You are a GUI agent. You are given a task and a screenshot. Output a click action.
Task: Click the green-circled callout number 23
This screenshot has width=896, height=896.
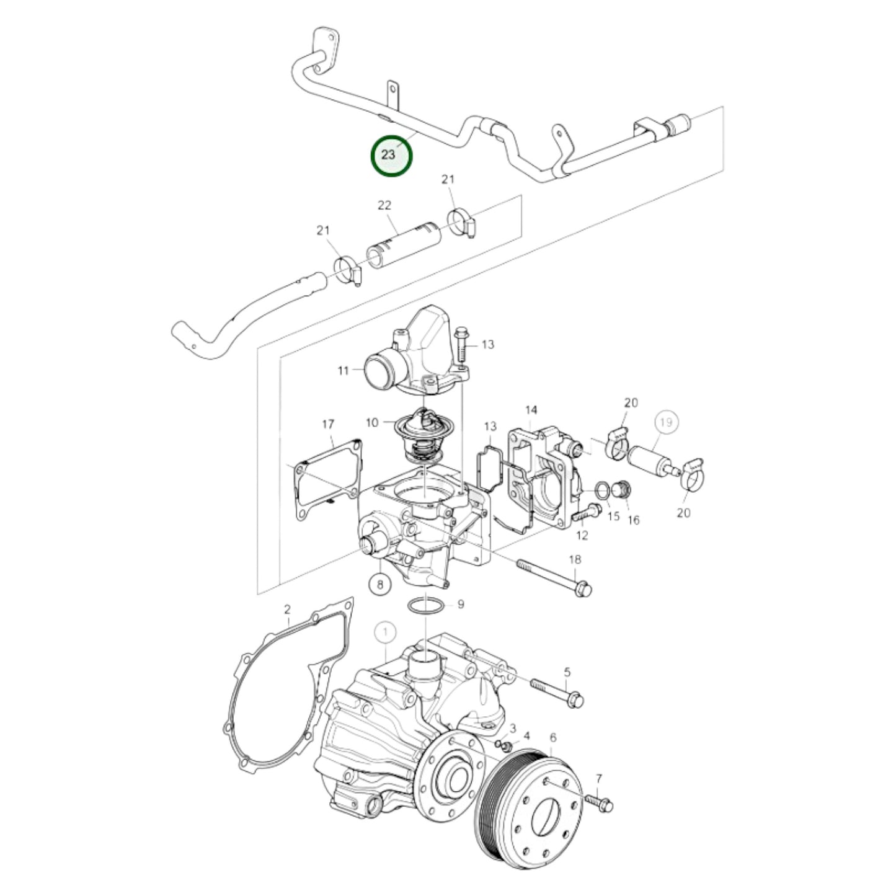(x=391, y=155)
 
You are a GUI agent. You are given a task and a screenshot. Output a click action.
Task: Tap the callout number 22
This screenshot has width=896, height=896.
(x=384, y=205)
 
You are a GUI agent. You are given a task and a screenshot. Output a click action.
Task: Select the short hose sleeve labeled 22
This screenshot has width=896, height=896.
(x=402, y=247)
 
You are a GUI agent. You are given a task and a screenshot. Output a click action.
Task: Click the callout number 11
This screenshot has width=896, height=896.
(x=344, y=371)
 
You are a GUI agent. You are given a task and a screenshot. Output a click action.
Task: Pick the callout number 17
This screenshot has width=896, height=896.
(x=328, y=424)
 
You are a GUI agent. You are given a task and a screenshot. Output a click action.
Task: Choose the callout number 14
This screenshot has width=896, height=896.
(x=531, y=410)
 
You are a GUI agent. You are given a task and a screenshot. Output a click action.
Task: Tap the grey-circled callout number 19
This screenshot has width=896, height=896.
(x=666, y=423)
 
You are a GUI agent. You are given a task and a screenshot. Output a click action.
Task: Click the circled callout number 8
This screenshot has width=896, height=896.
(x=381, y=583)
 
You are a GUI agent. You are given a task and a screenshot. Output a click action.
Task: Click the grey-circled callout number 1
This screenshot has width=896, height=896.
(x=385, y=632)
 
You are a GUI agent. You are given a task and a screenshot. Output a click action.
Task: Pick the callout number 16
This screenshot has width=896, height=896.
(x=633, y=520)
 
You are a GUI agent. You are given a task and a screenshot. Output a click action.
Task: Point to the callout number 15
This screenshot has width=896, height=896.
(x=613, y=516)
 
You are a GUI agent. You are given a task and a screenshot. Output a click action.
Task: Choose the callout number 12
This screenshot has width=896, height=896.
(x=582, y=535)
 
